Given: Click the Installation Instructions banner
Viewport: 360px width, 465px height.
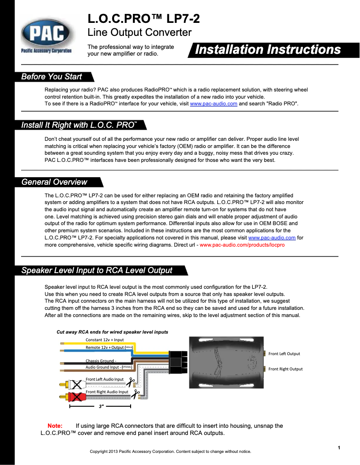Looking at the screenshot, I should pyautogui.click(x=268, y=50).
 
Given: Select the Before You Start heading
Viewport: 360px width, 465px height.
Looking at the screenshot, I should pyautogui.click(x=52, y=77).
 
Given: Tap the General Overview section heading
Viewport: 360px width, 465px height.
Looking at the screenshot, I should pyautogui.click(x=54, y=182).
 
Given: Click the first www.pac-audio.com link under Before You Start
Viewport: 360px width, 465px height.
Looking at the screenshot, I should pyautogui.click(x=214, y=104).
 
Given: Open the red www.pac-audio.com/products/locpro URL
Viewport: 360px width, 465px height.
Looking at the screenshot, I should pyautogui.click(x=242, y=245).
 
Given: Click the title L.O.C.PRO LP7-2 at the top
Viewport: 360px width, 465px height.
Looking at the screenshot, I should pyautogui.click(x=144, y=19).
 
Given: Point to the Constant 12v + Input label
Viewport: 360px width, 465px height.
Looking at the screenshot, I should pyautogui.click(x=105, y=340).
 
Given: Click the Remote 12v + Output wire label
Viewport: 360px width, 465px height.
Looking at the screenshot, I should pyautogui.click(x=105, y=348).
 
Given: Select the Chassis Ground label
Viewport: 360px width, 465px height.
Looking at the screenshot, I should pyautogui.click(x=101, y=361).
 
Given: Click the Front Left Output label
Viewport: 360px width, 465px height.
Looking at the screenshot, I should pyautogui.click(x=284, y=354).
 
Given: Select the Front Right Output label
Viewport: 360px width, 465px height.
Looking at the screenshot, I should pyautogui.click(x=285, y=369).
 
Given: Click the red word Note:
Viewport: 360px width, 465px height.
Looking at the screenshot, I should pyautogui.click(x=55, y=426).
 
